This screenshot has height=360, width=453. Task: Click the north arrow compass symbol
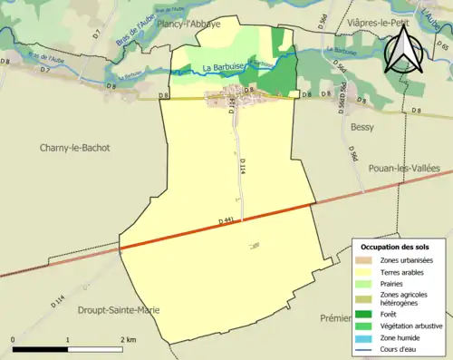click(x=401, y=49)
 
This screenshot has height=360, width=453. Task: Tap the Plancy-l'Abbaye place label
click(x=189, y=24)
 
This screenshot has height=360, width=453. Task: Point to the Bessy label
click(x=362, y=128)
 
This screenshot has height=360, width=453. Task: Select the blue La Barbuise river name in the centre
click(x=222, y=67)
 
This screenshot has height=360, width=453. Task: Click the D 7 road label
click(x=96, y=34)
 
